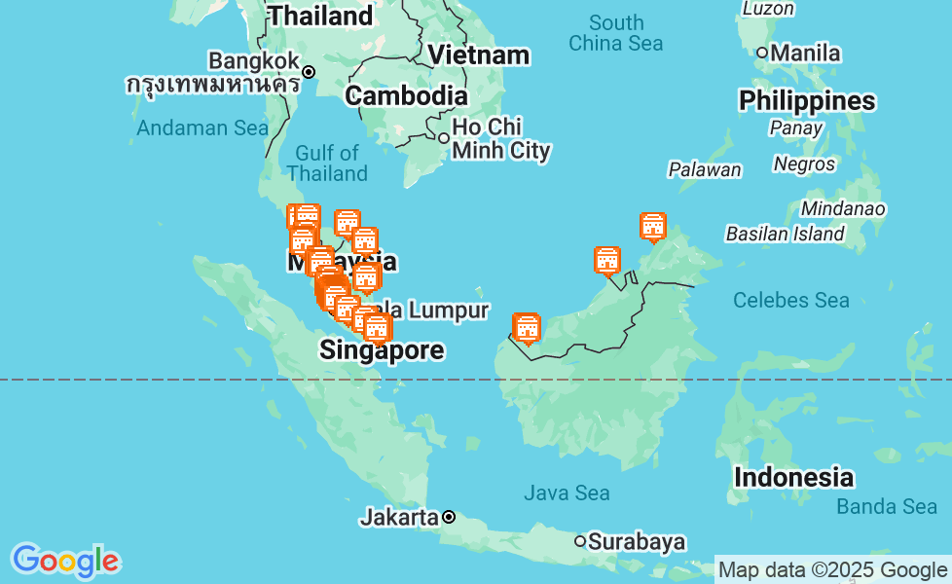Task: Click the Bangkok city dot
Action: [309, 71]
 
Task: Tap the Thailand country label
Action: [320, 16]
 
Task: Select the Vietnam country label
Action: [480, 55]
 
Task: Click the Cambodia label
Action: [406, 95]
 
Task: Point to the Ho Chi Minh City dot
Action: [444, 138]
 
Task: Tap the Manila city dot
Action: [762, 53]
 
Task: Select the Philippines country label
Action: [807, 101]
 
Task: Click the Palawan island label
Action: [704, 169]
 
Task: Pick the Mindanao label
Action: [843, 208]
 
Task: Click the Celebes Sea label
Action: [790, 300]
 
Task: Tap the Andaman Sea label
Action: [202, 128]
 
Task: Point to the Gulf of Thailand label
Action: [328, 164]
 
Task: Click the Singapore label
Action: [382, 350]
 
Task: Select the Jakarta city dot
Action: [449, 517]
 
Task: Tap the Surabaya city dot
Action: [580, 541]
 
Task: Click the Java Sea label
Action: [567, 493]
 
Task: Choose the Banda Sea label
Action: [886, 506]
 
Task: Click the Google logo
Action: [65, 561]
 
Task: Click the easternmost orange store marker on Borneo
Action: [653, 227]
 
